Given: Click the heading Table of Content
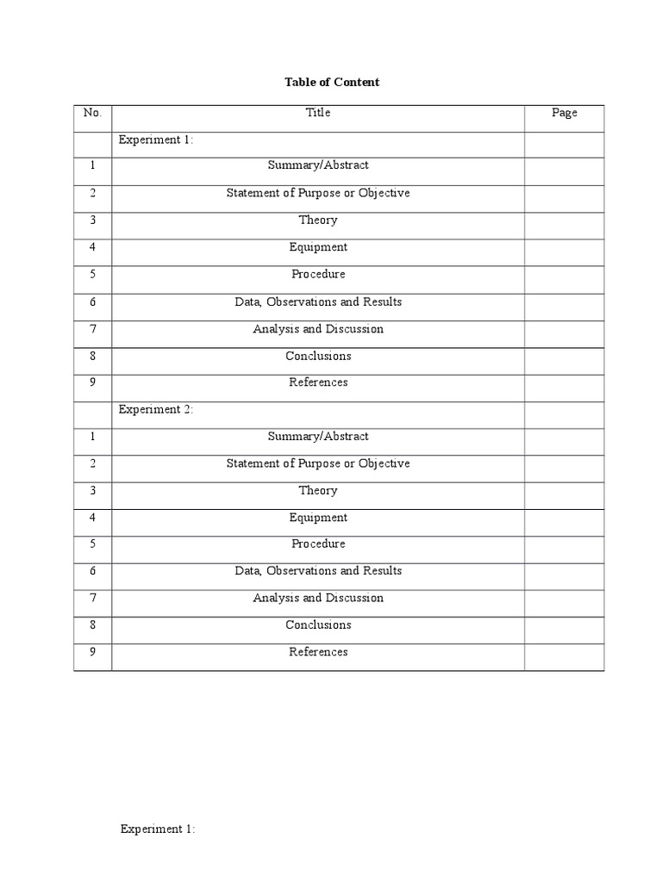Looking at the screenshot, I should click(x=332, y=83).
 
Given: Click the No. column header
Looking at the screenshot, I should click(x=92, y=113).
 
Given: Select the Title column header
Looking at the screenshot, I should click(x=318, y=113).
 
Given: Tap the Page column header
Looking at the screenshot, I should click(x=565, y=113).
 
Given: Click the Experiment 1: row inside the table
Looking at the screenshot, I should click(x=156, y=140).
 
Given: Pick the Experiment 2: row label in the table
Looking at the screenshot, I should click(x=156, y=409).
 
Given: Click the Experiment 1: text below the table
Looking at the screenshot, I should click(x=158, y=829).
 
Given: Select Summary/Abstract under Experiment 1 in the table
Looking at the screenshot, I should click(x=318, y=165).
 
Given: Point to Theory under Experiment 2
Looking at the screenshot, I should click(x=318, y=490).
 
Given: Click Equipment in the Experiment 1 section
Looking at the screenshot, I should click(x=318, y=247).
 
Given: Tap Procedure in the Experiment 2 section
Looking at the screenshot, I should click(x=318, y=543).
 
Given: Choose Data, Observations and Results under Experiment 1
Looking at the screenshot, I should click(x=318, y=301).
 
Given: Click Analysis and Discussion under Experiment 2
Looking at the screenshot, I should click(x=318, y=598).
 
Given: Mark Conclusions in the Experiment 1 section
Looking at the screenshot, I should click(x=318, y=356).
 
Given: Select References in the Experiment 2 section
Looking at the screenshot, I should click(x=318, y=652).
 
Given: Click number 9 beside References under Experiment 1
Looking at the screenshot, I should click(x=92, y=382).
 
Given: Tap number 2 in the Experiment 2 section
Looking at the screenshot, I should click(x=92, y=463).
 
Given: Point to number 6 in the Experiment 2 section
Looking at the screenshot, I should click(x=92, y=571).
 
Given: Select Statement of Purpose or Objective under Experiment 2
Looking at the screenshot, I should click(x=318, y=463).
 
